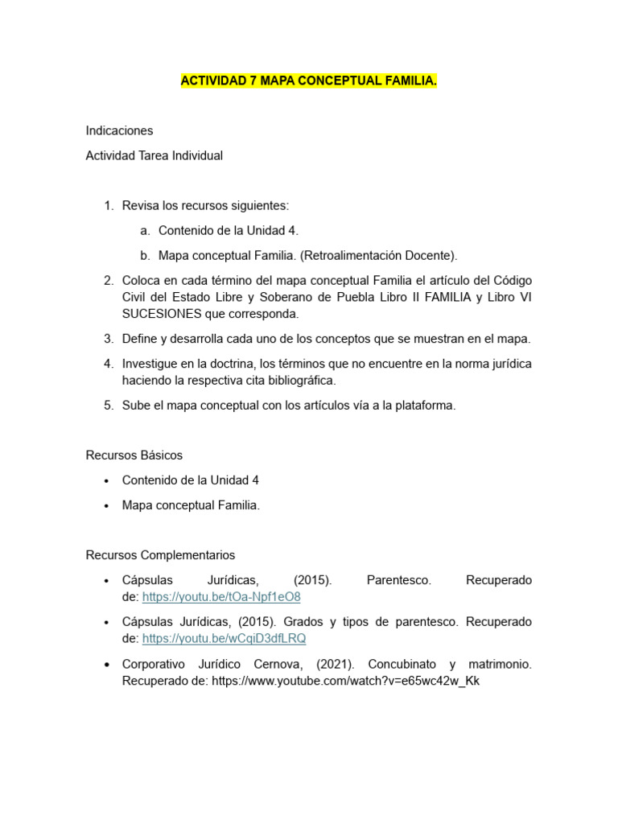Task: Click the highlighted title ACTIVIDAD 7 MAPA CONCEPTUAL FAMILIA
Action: pos(309,81)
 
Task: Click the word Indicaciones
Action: pos(119,130)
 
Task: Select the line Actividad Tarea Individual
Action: pos(154,156)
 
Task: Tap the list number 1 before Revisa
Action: pos(108,206)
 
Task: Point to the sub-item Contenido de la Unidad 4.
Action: pos(229,231)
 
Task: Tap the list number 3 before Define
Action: pos(108,339)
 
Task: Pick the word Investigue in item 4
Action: pos(150,364)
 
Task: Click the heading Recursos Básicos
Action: pos(134,455)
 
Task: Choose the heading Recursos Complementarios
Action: pos(160,555)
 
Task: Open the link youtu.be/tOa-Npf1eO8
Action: pos(221,597)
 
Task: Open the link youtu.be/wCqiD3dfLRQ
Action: pos(224,638)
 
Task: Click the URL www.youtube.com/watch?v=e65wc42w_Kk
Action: pos(346,681)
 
